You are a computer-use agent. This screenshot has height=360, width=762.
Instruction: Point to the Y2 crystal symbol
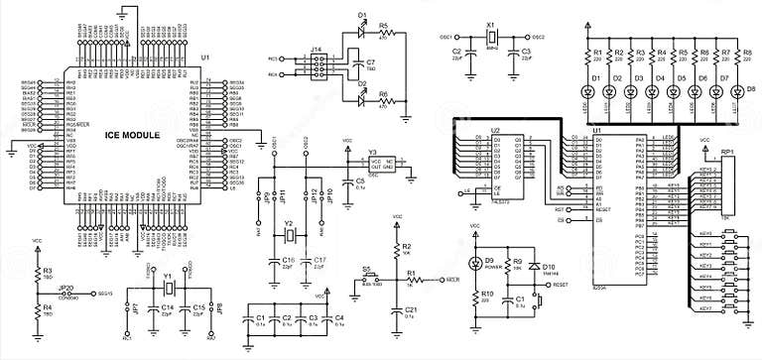tap(289, 236)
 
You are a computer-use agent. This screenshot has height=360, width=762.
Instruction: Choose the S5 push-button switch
tap(368, 281)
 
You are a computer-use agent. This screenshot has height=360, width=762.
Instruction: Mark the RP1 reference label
tap(727, 153)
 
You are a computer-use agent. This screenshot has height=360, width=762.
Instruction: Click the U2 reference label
tap(494, 130)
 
